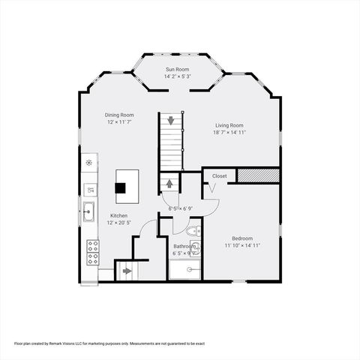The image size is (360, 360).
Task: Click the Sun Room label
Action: click(x=177, y=69)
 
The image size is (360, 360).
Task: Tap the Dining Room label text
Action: click(x=118, y=115)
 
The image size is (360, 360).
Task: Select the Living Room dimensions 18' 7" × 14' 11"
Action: click(x=229, y=132)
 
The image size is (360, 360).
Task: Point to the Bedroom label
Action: click(x=242, y=238)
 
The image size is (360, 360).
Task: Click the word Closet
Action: click(x=219, y=175)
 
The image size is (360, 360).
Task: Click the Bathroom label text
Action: click(x=184, y=246)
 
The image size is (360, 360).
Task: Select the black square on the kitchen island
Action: click(x=127, y=185)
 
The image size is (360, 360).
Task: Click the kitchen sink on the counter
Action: click(x=89, y=212)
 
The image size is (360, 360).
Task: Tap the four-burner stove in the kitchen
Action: click(x=93, y=252)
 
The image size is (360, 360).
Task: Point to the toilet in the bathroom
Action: click(x=191, y=231)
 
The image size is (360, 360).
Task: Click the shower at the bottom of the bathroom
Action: click(x=186, y=268)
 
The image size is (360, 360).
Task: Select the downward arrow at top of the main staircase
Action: click(x=171, y=120)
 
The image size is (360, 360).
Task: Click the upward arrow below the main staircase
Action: click(x=169, y=183)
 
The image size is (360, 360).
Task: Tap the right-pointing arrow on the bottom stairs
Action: click(x=125, y=271)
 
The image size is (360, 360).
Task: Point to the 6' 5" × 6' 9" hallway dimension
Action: click(x=181, y=208)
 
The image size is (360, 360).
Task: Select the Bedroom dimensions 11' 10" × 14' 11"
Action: click(x=243, y=245)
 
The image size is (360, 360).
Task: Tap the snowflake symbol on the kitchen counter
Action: click(x=89, y=161)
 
